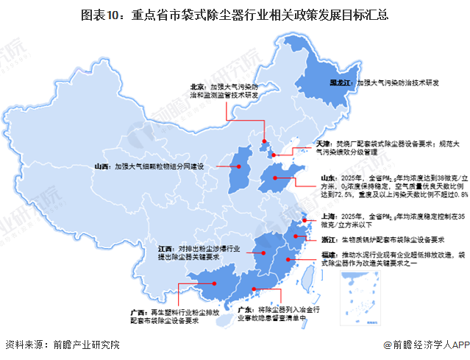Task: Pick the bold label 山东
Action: [329, 178]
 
